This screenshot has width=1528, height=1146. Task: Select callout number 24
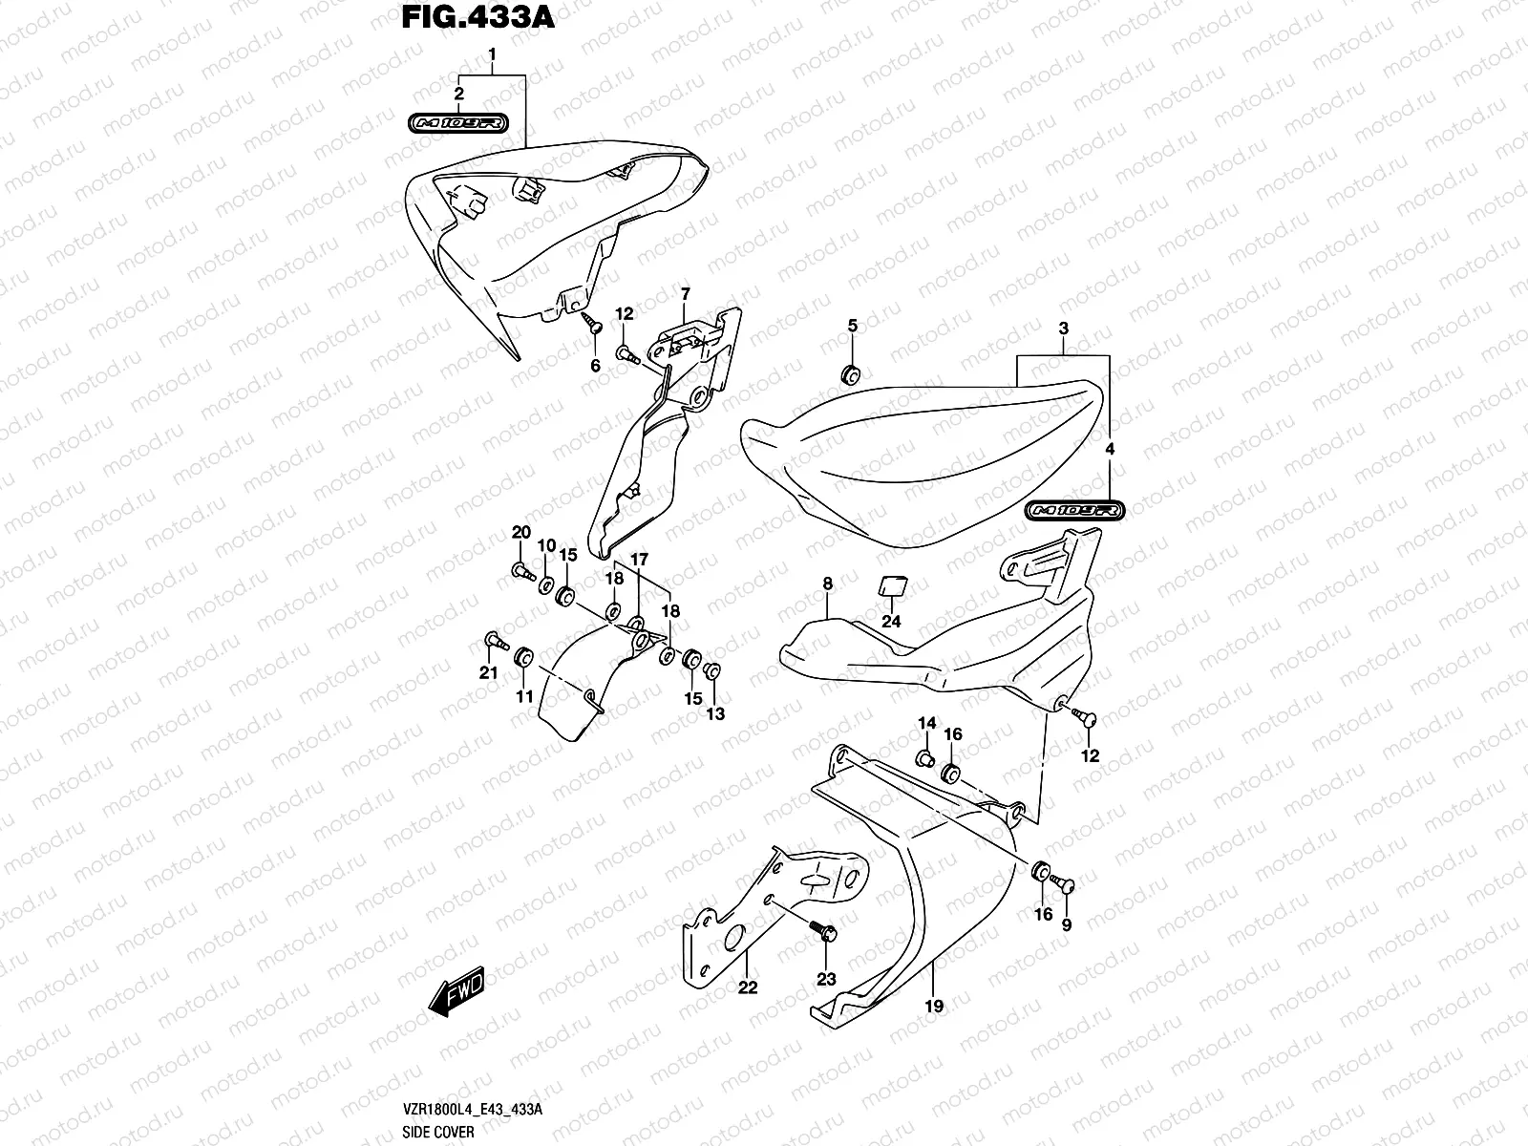(x=891, y=622)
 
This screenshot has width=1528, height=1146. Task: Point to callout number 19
(x=934, y=1006)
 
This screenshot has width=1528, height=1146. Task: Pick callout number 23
(x=824, y=978)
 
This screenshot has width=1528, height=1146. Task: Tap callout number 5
(x=853, y=327)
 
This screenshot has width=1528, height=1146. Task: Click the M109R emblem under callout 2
(x=459, y=123)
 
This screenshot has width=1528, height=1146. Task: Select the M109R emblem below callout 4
(x=1075, y=511)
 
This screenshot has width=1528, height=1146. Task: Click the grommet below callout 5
(x=849, y=372)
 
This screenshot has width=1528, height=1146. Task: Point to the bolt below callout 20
(x=521, y=572)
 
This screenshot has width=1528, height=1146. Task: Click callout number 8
(x=827, y=584)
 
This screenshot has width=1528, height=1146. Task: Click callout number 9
(x=1067, y=924)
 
